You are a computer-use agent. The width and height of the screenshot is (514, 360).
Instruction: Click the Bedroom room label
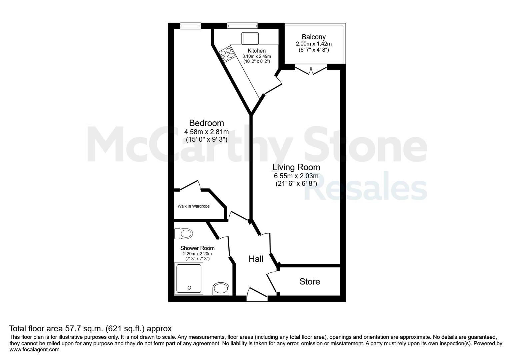[207, 123]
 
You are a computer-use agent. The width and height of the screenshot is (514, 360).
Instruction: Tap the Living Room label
[296, 167]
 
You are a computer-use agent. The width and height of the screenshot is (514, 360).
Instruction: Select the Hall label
[256, 259]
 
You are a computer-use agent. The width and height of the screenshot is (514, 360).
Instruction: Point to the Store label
[310, 282]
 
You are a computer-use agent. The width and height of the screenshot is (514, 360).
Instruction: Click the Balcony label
[314, 37]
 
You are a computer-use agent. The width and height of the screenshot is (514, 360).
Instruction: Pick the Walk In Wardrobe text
[194, 206]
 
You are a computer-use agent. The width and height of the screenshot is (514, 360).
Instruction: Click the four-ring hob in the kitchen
[226, 54]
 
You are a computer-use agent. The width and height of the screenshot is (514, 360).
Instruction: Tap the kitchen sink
[250, 38]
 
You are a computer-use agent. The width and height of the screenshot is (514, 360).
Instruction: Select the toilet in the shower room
[184, 234]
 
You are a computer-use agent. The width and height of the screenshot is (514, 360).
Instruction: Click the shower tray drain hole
[189, 288]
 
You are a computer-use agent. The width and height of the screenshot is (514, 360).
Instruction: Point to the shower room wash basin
[221, 289]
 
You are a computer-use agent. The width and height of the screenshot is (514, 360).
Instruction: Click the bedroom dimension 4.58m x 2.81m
[207, 132]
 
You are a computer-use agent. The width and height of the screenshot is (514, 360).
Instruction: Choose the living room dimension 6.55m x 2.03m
[296, 176]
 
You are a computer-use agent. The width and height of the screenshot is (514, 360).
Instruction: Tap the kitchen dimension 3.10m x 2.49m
[257, 56]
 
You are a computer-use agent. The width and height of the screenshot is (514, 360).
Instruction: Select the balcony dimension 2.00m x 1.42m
[314, 44]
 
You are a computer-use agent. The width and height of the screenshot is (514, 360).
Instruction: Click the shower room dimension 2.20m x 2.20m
[197, 254]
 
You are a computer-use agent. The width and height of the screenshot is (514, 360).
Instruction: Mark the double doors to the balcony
[311, 70]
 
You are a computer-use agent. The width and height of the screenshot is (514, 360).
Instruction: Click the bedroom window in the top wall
[190, 26]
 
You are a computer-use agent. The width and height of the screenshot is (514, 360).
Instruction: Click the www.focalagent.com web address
[34, 349]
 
